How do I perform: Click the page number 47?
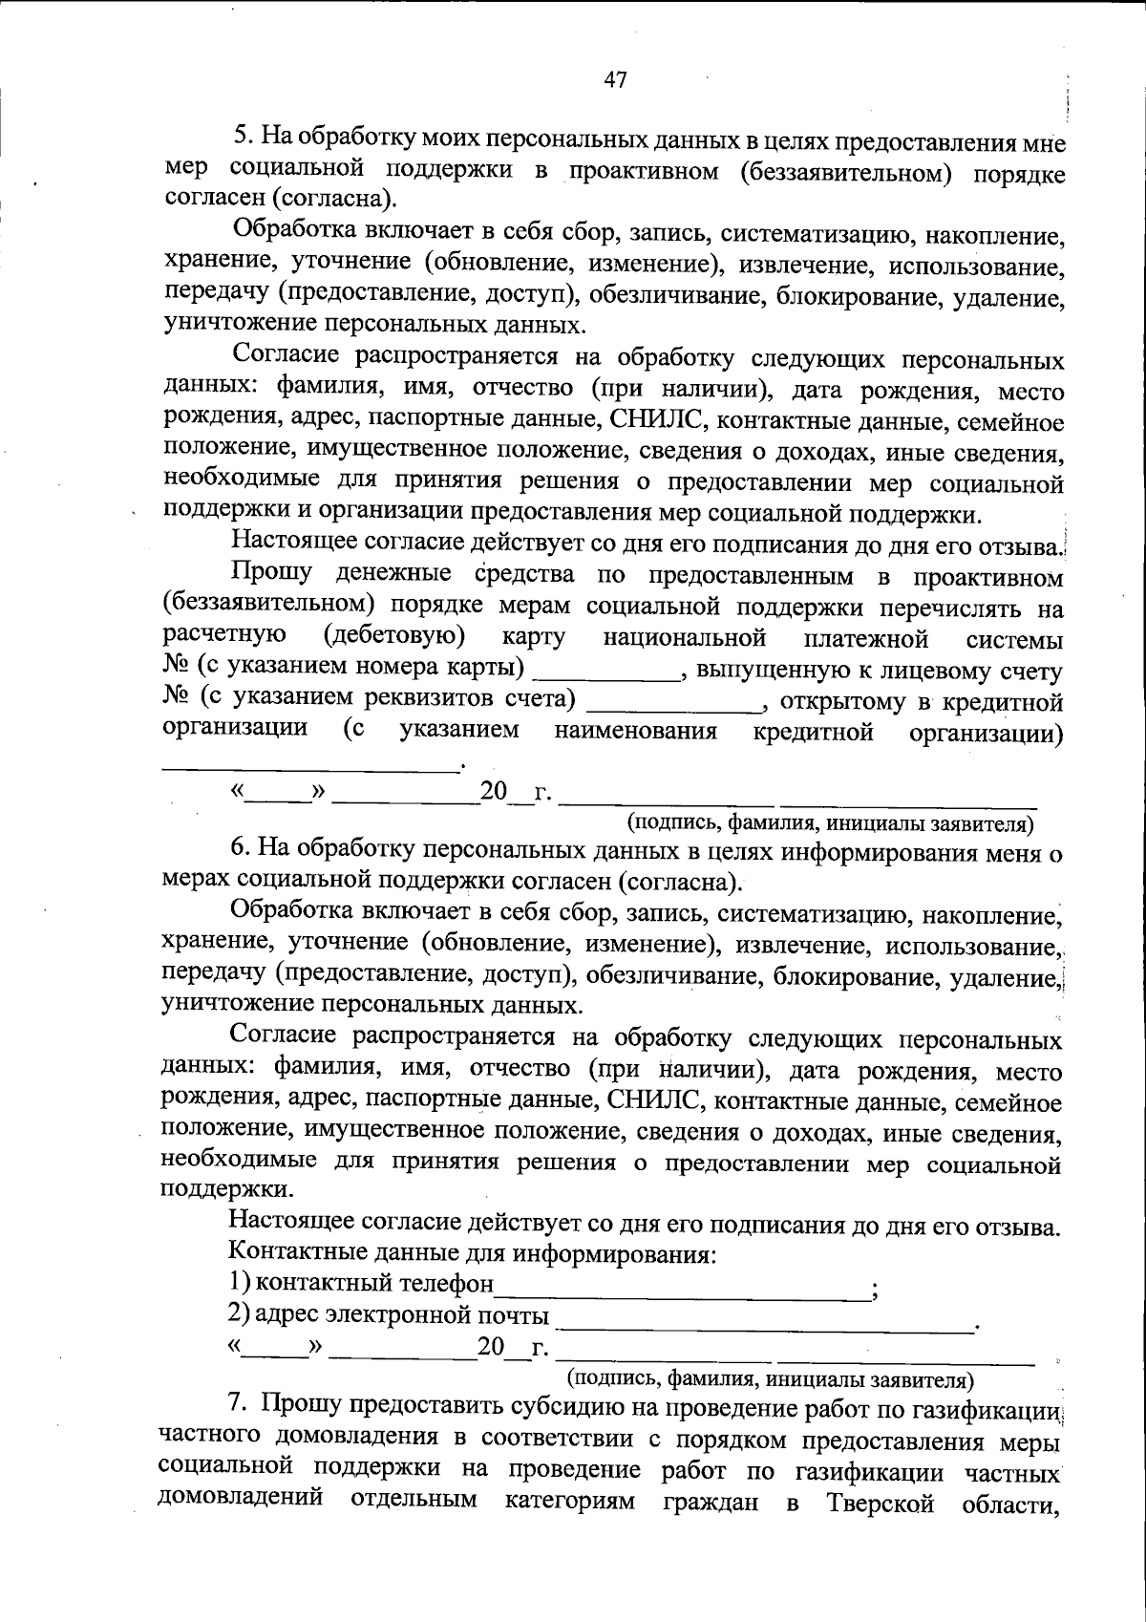click(615, 80)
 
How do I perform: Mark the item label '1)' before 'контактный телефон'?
click(239, 1283)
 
